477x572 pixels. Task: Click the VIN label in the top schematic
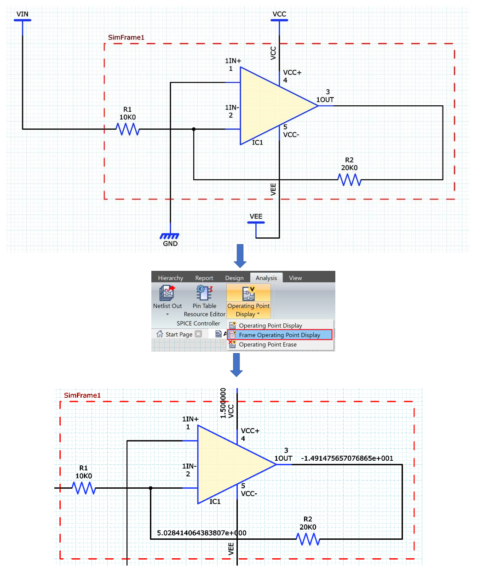[x=22, y=14]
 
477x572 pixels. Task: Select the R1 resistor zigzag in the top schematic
[x=128, y=129]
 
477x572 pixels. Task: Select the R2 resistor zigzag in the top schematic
[x=350, y=180]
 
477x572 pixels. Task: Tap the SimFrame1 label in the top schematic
[x=126, y=38]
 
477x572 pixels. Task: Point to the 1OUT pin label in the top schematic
[x=325, y=100]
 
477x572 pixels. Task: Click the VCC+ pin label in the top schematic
[x=292, y=73]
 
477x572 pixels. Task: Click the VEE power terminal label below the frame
[x=256, y=217]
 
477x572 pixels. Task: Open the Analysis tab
[x=266, y=278]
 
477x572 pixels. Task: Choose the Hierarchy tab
[x=170, y=278]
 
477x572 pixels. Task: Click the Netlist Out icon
[x=167, y=293]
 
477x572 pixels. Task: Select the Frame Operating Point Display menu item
[x=279, y=335]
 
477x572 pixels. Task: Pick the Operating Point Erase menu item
[x=268, y=344]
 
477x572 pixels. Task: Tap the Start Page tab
[x=178, y=334]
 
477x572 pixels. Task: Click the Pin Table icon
[x=204, y=293]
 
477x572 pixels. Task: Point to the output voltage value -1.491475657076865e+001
[x=347, y=458]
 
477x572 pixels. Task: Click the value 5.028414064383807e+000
[x=201, y=533]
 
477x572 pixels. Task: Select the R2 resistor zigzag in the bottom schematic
[x=308, y=539]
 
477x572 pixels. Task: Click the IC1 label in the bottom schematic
[x=215, y=502]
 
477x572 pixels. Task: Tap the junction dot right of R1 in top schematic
[x=194, y=129]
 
